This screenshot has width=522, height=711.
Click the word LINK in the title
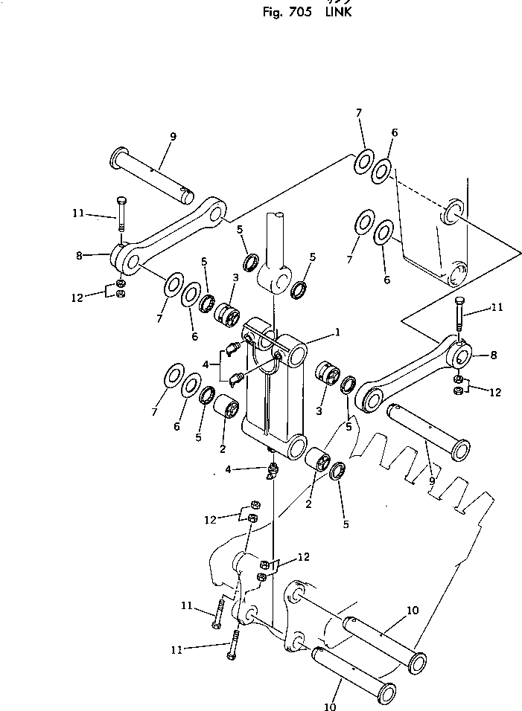[x=337, y=12]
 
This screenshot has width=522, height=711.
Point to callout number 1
[x=337, y=332]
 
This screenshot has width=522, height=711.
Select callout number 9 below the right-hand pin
[x=432, y=481]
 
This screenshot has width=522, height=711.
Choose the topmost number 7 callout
[x=358, y=112]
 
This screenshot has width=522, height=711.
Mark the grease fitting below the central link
[x=273, y=470]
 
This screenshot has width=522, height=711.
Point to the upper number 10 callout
[x=413, y=611]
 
